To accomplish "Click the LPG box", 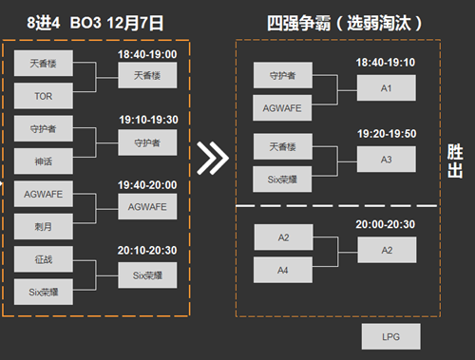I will tap(391, 336).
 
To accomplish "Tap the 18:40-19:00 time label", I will tap(147, 55).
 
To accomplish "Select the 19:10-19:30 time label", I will tap(147, 122).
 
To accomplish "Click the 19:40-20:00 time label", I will tap(147, 186).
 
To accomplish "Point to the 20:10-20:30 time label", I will tap(147, 250).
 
